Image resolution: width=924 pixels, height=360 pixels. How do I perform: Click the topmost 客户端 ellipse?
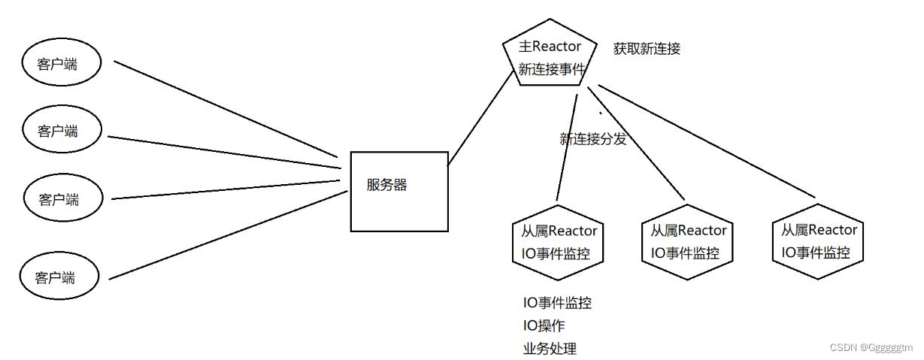coord(58,64)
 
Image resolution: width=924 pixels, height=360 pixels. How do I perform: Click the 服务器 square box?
coord(398,192)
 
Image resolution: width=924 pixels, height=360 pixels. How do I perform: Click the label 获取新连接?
coord(647,49)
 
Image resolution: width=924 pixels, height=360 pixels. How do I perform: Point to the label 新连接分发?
coord(592,139)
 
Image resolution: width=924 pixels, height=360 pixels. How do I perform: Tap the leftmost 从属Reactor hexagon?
coord(559,242)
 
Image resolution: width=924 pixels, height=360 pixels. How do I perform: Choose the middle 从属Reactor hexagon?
coord(688,241)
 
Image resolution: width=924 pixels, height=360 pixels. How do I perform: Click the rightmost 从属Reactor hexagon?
coord(819,241)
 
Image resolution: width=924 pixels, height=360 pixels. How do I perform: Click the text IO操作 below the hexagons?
coord(544,326)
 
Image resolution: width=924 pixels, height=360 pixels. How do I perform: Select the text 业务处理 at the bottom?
coord(550,349)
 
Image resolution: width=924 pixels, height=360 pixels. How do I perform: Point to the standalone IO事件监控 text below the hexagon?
coord(557,304)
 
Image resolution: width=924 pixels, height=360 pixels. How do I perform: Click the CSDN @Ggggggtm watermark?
coord(871,347)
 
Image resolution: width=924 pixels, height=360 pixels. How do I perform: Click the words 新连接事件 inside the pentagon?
coord(552,69)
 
